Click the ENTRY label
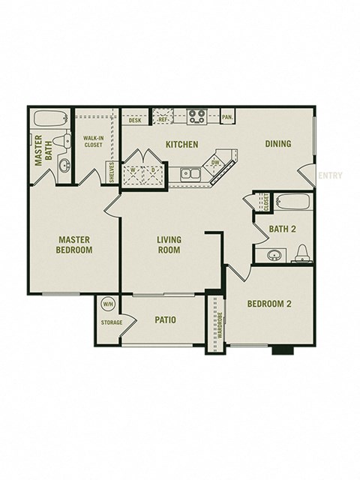(331, 176)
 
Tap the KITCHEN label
(181, 144)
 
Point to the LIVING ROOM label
(169, 245)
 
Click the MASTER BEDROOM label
(74, 245)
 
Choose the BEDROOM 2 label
(269, 304)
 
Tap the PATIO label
(165, 320)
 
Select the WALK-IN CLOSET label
(94, 142)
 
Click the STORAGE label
(112, 322)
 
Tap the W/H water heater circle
(107, 304)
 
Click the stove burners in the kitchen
(197, 117)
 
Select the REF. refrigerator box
(163, 118)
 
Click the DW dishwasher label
(215, 162)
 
